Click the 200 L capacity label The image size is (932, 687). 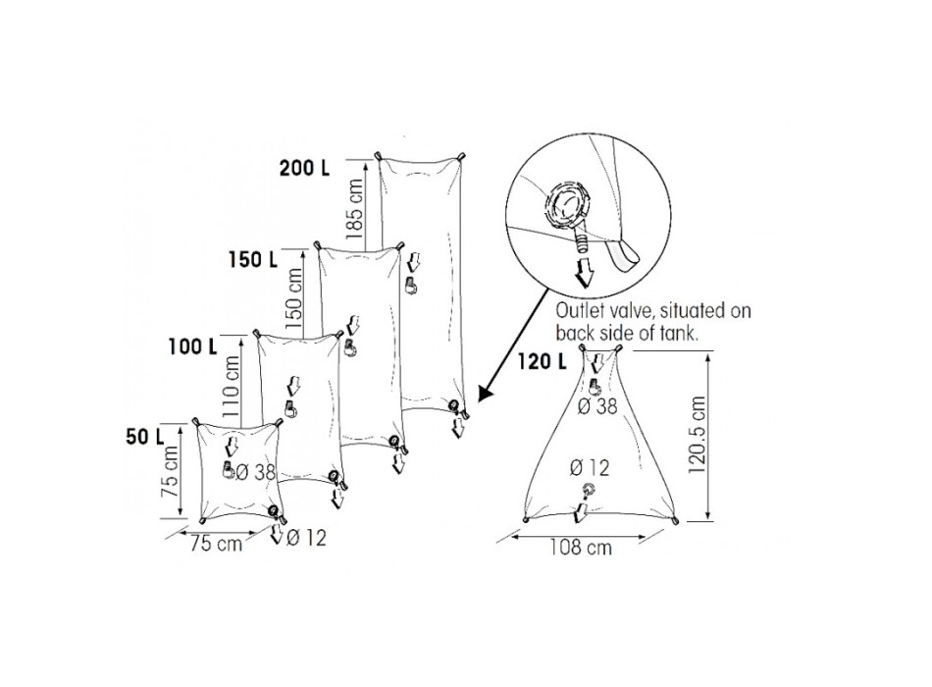point(304,169)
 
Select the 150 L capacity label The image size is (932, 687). point(252,259)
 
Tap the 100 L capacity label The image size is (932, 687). point(192,346)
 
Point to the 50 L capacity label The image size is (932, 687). point(144,437)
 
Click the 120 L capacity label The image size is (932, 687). point(543,360)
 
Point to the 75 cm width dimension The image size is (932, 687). point(217,544)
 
